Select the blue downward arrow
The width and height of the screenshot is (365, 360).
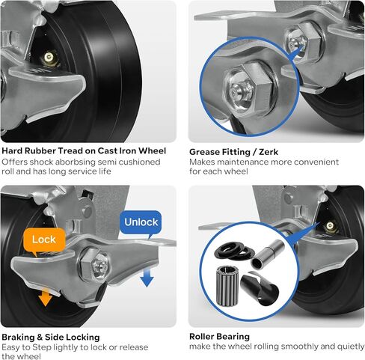[x=147, y=276]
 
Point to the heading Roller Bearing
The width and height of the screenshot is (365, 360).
[x=219, y=337]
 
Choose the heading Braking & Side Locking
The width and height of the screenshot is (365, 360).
[x=50, y=337]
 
